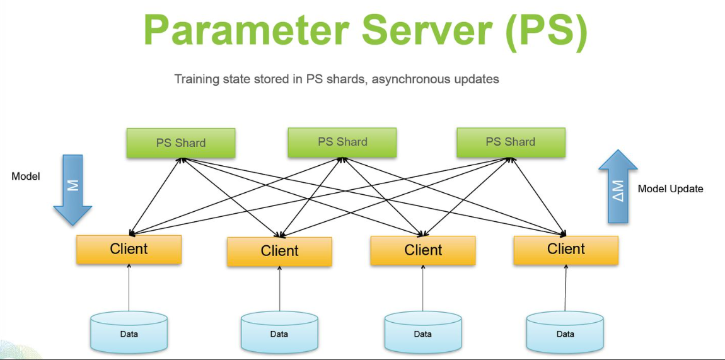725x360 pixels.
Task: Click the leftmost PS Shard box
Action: (x=181, y=142)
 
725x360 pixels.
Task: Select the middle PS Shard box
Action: (x=342, y=142)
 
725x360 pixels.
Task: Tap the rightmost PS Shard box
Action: (x=511, y=142)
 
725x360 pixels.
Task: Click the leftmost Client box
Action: (x=129, y=250)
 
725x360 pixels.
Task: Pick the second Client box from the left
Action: (x=279, y=252)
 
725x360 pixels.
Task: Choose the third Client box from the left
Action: (x=422, y=250)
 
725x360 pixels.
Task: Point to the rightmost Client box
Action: (x=566, y=250)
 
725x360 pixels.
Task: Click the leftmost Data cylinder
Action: (x=129, y=332)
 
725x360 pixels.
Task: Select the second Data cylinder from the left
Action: (x=279, y=332)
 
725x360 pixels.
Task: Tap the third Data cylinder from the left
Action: (x=422, y=332)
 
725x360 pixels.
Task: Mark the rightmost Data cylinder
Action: (x=565, y=332)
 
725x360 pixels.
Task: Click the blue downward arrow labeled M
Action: (x=72, y=190)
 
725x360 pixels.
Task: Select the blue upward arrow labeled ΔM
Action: (x=618, y=187)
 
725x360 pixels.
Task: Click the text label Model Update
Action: (x=670, y=189)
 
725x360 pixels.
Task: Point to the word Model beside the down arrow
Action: (x=26, y=176)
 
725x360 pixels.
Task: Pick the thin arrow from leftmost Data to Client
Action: (x=129, y=287)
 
